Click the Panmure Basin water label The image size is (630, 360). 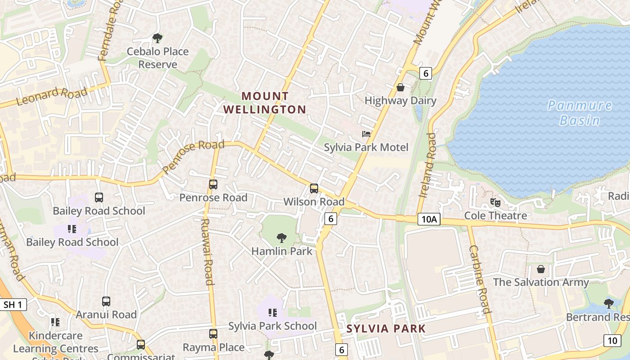click(580, 113)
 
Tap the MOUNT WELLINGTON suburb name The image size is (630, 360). click(265, 103)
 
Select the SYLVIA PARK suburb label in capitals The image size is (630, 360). click(386, 328)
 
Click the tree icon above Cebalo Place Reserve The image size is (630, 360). click(157, 38)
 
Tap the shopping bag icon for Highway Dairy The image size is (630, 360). click(400, 87)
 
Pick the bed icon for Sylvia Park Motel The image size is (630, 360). click(366, 134)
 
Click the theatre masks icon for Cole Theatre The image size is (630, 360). click(495, 202)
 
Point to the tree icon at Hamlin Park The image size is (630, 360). click(282, 238)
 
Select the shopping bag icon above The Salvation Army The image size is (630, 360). click(541, 269)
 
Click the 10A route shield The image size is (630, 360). click(428, 219)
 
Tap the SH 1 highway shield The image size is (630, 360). click(12, 305)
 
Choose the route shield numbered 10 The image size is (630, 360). click(612, 340)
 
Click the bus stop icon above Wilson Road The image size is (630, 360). click(314, 189)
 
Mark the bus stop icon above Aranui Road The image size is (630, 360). click(106, 301)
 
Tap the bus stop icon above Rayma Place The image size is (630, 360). click(213, 334)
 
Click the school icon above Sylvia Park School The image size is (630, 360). click(272, 312)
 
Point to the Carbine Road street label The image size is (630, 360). click(479, 279)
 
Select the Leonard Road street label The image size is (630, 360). click(51, 96)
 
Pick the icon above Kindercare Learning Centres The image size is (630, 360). click(55, 322)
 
